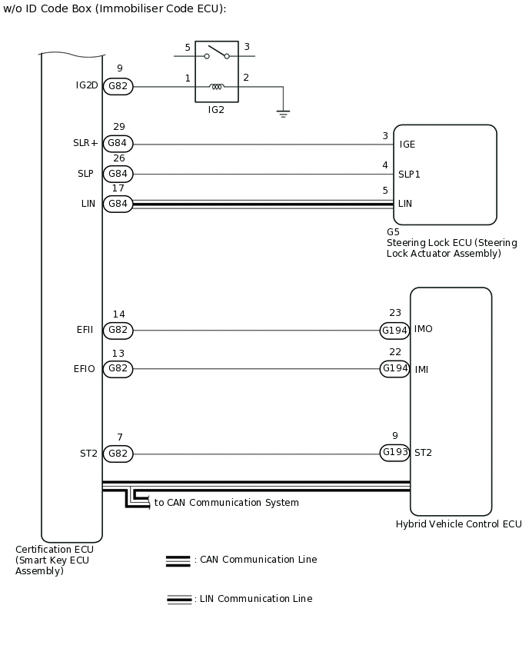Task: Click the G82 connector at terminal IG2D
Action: point(118,87)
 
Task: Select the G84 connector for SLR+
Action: point(118,144)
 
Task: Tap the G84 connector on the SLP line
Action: point(118,174)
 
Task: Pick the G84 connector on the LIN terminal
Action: point(118,204)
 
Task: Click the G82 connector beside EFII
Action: point(118,331)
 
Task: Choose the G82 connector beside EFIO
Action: point(118,369)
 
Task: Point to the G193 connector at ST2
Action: point(394,453)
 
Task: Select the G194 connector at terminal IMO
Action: point(394,331)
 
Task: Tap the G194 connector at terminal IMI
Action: point(394,369)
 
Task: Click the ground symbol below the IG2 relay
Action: point(283,114)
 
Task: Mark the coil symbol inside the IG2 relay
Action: point(217,87)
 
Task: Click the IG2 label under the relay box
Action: point(216,110)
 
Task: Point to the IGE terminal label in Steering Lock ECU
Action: point(408,145)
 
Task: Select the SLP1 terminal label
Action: point(409,175)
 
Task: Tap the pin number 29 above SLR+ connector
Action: point(118,127)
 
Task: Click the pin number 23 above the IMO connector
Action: point(395,313)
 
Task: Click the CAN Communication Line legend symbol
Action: point(178,560)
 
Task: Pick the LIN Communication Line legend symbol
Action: point(179,599)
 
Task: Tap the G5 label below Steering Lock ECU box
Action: point(393,231)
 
